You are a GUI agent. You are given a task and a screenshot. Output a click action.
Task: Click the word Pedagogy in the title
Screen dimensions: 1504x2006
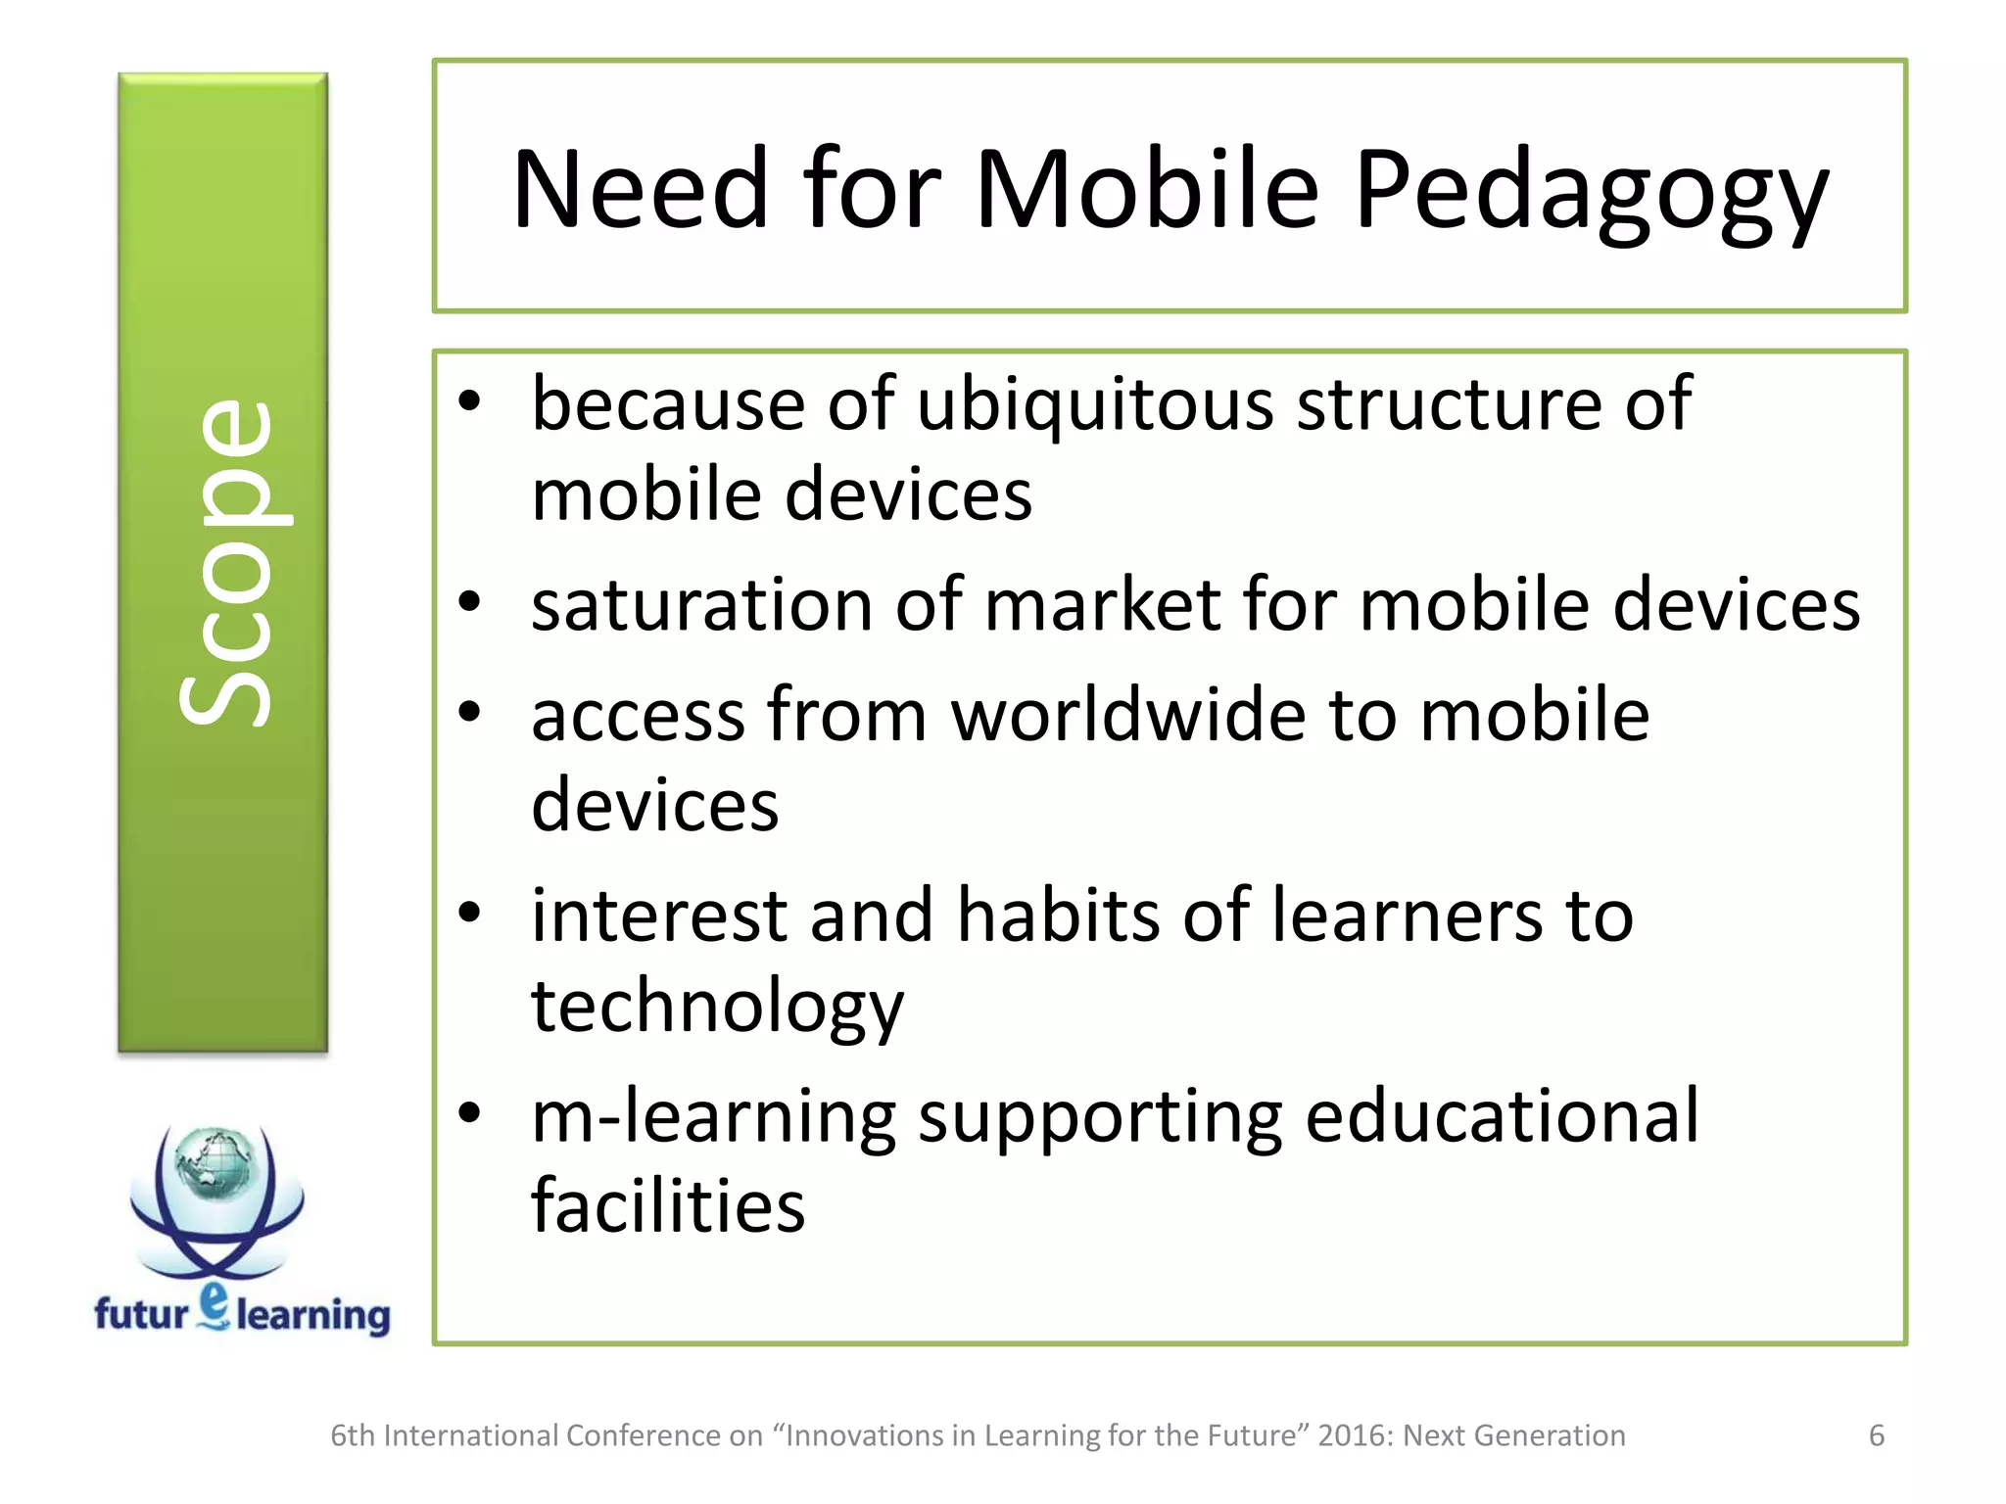click(1591, 191)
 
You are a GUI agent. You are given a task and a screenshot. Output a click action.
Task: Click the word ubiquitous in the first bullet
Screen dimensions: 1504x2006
click(1095, 405)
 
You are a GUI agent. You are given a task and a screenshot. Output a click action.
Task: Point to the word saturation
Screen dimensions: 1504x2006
click(701, 605)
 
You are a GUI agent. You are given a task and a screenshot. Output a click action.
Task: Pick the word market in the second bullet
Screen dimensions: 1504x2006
click(1102, 605)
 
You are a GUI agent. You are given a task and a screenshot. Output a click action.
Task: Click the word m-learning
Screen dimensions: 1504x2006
click(713, 1118)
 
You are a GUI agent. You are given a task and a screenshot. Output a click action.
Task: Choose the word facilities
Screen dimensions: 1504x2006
click(668, 1206)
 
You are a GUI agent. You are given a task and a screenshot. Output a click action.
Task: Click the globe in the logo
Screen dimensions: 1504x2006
click(213, 1163)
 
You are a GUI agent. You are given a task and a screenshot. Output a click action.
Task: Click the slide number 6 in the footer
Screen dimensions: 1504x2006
click(1876, 1435)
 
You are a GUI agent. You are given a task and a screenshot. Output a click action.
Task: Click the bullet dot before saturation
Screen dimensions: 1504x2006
click(470, 602)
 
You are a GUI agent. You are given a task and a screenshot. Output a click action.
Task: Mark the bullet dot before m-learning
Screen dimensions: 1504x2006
click(470, 1112)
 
